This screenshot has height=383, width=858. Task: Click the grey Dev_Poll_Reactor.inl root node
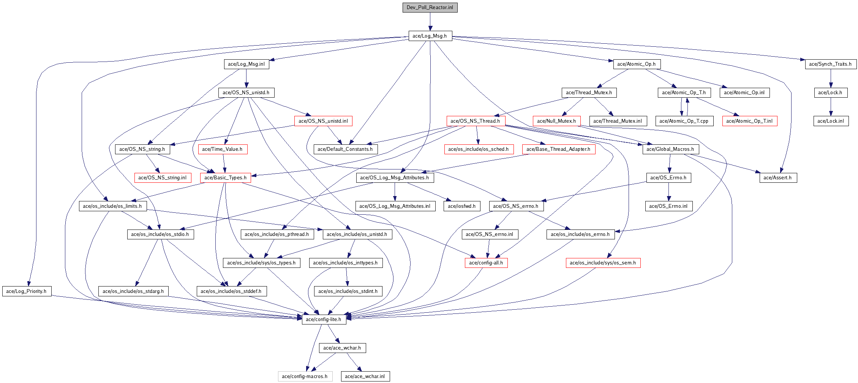pyautogui.click(x=430, y=7)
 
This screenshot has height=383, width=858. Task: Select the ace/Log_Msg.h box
pyautogui.click(x=430, y=36)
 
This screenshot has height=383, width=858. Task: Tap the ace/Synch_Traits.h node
pyautogui.click(x=831, y=64)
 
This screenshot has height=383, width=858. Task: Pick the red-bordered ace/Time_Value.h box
pyautogui.click(x=223, y=149)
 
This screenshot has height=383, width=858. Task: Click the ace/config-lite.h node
pyautogui.click(x=324, y=319)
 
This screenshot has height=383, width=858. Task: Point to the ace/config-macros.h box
pyautogui.click(x=305, y=376)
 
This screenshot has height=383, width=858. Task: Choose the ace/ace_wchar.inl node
pyautogui.click(x=365, y=376)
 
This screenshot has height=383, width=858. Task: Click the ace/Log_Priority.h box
pyautogui.click(x=27, y=291)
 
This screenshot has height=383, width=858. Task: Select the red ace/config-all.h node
pyautogui.click(x=486, y=263)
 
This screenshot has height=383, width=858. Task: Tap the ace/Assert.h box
pyautogui.click(x=778, y=177)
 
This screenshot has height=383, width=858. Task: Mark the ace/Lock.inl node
pyautogui.click(x=831, y=121)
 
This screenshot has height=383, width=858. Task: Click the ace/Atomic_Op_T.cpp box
pyautogui.click(x=684, y=121)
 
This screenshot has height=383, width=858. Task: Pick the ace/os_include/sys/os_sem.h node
pyautogui.click(x=603, y=263)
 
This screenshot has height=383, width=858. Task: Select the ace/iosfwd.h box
pyautogui.click(x=462, y=206)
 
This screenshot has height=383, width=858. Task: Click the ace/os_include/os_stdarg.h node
pyautogui.click(x=133, y=291)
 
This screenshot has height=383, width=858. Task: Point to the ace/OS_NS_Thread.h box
pyautogui.click(x=476, y=121)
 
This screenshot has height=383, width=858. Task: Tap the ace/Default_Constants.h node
pyautogui.click(x=346, y=149)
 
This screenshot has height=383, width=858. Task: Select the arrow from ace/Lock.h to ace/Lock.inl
pyautogui.click(x=831, y=107)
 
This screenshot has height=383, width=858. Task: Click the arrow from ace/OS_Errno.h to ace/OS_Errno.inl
pyautogui.click(x=668, y=192)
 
